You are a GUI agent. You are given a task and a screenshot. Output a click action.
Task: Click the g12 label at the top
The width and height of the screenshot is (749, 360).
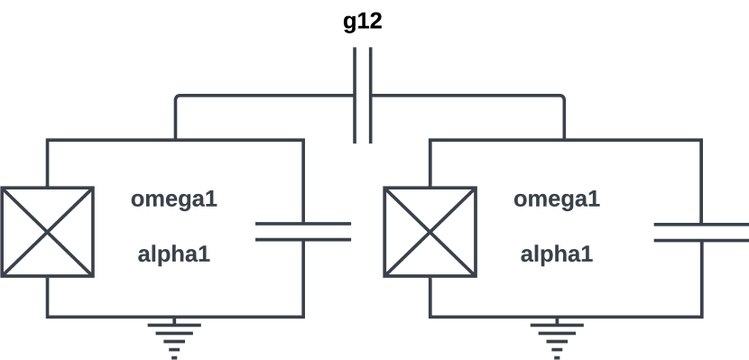[363, 22]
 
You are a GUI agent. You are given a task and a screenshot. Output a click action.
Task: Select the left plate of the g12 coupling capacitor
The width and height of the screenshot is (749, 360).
[355, 95]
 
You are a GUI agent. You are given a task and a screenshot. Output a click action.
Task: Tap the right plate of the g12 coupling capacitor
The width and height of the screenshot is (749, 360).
[370, 95]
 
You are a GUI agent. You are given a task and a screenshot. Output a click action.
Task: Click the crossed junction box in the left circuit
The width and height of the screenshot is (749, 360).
[47, 232]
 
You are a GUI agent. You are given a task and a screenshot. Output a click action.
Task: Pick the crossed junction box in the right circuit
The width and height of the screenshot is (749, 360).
[430, 232]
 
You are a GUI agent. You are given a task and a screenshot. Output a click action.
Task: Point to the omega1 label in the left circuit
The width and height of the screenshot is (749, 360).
[174, 198]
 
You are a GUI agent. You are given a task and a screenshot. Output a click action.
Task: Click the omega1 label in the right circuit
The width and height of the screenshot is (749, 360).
[557, 198]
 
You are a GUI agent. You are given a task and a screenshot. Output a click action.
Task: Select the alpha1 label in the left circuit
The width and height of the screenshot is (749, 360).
[174, 254]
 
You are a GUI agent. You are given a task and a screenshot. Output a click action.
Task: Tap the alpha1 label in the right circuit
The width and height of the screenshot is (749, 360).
[557, 254]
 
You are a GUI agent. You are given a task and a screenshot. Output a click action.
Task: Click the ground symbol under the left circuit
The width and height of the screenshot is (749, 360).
[175, 338]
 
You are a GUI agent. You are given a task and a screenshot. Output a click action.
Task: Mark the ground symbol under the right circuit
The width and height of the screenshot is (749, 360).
[558, 338]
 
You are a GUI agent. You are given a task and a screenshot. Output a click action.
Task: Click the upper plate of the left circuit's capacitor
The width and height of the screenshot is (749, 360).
[303, 223]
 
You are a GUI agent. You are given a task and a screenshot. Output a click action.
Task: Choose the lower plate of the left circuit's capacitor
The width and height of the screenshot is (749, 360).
[303, 239]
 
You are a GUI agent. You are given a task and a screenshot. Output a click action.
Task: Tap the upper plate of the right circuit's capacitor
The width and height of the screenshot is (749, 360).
[701, 223]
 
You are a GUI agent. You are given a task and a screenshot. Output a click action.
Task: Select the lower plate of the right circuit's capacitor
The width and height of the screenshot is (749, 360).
[701, 239]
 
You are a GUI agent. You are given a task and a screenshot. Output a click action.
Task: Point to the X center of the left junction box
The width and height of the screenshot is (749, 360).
[47, 232]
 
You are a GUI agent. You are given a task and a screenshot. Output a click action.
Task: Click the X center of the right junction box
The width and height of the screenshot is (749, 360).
[430, 232]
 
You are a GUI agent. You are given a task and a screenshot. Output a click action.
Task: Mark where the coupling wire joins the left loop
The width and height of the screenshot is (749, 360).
[175, 140]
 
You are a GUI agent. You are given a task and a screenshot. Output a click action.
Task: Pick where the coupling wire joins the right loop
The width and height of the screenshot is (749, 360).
[565, 140]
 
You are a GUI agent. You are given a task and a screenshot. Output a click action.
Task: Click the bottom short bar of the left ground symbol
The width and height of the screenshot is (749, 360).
[175, 356]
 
